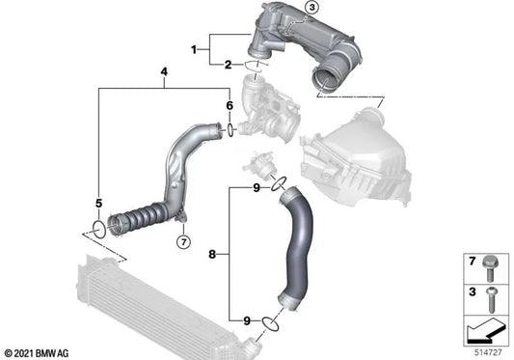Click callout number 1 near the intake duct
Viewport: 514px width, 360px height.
tap(193, 48)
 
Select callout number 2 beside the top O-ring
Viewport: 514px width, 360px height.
tap(228, 65)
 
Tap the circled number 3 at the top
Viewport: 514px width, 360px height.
tap(311, 9)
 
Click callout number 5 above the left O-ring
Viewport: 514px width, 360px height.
tap(97, 203)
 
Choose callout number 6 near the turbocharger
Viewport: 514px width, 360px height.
tap(229, 105)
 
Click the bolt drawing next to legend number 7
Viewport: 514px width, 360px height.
tap(487, 262)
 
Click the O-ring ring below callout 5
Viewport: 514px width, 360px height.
tap(95, 229)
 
